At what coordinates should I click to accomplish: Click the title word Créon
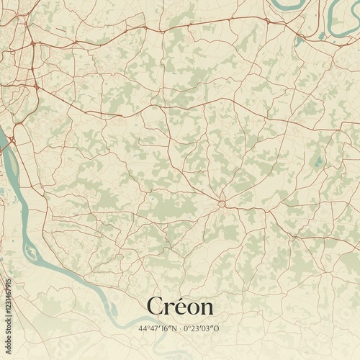[x=180, y=306]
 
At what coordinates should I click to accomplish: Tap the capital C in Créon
[x=155, y=306]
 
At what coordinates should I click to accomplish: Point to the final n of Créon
[x=206, y=308]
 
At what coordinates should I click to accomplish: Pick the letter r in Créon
[x=169, y=308]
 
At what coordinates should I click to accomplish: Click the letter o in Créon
[x=193, y=308]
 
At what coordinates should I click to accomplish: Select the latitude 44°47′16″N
[x=159, y=328]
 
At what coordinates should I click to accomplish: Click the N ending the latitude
[x=176, y=328]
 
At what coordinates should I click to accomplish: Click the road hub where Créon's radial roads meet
[x=222, y=204]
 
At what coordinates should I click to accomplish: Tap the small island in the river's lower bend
[x=30, y=251]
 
